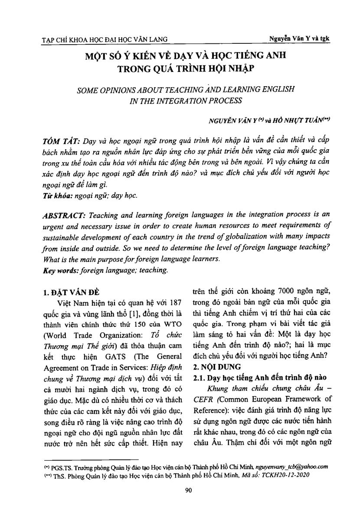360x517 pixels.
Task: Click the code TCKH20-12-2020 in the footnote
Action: (286, 474)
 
